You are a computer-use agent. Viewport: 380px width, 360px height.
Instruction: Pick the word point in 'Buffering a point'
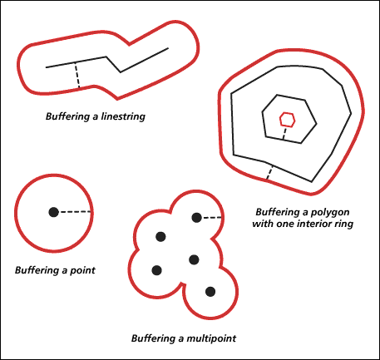82,270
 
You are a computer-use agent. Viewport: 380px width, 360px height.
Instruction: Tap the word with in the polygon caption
263,224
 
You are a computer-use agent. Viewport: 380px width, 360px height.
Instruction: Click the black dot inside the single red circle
53,212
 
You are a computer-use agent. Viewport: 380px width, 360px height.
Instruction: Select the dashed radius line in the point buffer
76,212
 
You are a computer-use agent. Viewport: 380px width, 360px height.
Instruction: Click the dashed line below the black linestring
77,75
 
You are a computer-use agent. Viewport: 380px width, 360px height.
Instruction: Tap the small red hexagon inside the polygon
287,120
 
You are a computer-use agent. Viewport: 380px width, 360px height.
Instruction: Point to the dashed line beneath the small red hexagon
284,133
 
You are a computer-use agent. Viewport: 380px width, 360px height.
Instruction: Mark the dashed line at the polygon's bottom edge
269,172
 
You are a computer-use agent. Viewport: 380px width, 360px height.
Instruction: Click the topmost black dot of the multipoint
196,218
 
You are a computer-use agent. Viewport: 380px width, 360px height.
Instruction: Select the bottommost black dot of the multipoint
210,292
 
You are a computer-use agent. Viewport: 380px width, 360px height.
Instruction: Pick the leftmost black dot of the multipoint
157,270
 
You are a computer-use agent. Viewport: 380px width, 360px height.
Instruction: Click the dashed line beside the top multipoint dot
212,218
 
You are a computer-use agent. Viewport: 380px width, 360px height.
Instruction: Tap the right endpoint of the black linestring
168,48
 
